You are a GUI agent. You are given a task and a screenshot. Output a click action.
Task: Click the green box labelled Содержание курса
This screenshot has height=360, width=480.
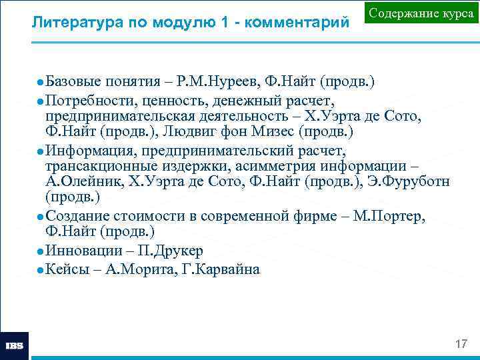click(x=421, y=15)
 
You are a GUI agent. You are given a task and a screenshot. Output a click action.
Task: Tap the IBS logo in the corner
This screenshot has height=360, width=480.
click(x=15, y=346)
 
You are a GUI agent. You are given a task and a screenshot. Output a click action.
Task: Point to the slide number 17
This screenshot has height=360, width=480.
click(x=461, y=344)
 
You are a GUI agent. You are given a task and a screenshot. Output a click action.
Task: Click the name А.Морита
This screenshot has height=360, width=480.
click(x=134, y=269)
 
